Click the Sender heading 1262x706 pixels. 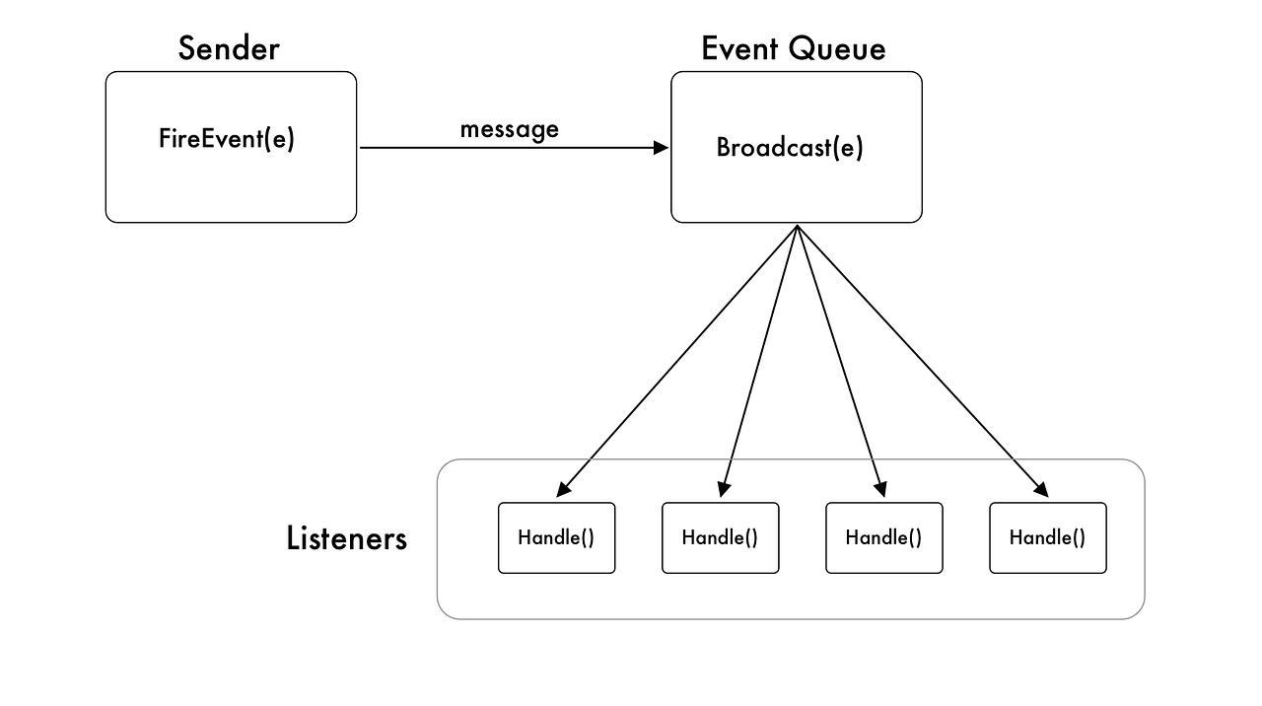point(229,48)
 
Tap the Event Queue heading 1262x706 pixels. point(793,48)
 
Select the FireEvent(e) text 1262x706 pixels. point(227,139)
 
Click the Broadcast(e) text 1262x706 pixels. point(789,148)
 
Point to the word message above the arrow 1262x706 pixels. point(509,129)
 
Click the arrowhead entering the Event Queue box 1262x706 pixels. point(663,148)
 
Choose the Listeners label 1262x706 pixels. point(346,538)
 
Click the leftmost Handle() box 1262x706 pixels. point(556,537)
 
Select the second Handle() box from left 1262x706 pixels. point(720,537)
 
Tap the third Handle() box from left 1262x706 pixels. point(883,537)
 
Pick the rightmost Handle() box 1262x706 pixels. point(1047,537)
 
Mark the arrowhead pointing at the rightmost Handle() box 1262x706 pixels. point(1041,490)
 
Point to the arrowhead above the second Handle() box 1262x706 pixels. point(723,489)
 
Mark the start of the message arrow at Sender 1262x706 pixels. point(362,148)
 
